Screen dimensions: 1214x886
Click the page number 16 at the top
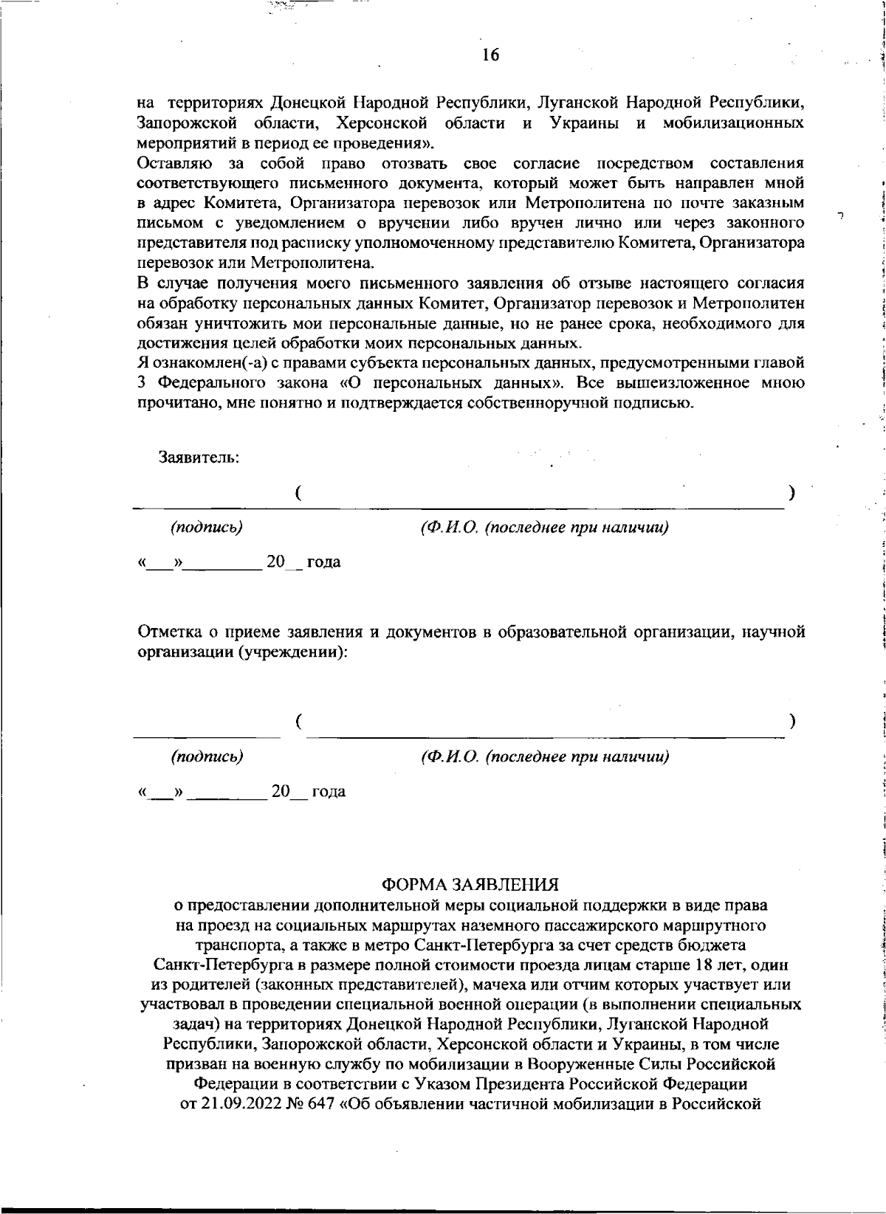(x=490, y=55)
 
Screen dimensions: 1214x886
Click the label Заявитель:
(x=199, y=457)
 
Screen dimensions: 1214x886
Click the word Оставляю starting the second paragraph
(x=176, y=162)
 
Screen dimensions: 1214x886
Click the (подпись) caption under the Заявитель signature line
(x=207, y=528)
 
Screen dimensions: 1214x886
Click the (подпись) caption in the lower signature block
(x=207, y=756)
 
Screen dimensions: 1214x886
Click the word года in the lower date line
(x=329, y=792)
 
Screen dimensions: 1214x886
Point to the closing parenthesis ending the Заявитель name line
(x=791, y=493)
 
